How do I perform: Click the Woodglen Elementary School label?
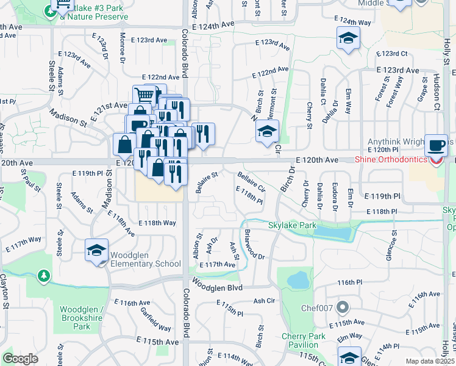point(146,260)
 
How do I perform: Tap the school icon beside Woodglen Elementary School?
point(97,251)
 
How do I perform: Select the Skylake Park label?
point(292,225)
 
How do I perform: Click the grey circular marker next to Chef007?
point(343,307)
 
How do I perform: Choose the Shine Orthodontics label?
point(391,160)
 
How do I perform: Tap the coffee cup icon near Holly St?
point(435,145)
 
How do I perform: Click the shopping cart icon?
point(144,95)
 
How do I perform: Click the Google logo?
point(20,359)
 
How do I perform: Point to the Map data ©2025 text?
point(429,361)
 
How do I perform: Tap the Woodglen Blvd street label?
point(218,287)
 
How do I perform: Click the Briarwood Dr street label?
point(254,244)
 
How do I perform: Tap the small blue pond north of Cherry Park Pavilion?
point(297,280)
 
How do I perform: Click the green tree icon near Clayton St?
point(43,276)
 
